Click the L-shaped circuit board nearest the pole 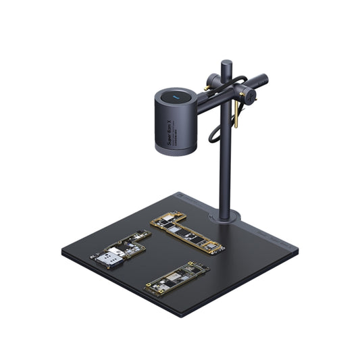(187, 232)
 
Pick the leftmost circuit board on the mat (120, 249)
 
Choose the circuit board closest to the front (176, 277)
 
